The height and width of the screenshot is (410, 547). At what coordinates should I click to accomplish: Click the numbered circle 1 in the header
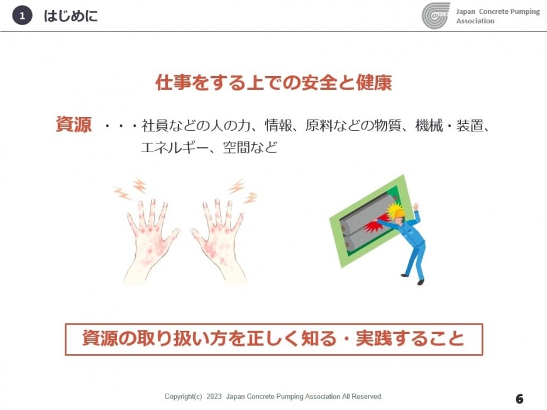(23, 16)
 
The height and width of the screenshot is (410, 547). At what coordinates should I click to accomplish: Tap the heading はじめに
(71, 16)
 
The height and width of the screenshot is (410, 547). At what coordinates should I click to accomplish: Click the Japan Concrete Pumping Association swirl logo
(436, 16)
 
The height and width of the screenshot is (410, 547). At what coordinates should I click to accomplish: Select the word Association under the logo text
(475, 21)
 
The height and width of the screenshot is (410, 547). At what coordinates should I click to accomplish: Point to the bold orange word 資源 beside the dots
(74, 125)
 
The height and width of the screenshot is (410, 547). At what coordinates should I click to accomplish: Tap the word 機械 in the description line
(429, 126)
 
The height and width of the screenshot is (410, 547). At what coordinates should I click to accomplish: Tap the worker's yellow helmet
(398, 211)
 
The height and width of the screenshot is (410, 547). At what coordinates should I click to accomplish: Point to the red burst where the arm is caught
(373, 228)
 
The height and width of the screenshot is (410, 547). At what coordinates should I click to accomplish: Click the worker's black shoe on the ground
(421, 282)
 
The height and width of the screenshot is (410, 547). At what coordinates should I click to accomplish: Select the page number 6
(519, 399)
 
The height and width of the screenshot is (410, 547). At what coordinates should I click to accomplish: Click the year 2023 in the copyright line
(214, 396)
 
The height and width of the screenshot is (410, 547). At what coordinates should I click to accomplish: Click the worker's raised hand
(416, 206)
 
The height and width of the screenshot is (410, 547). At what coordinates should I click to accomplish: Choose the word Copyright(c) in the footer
(183, 397)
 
